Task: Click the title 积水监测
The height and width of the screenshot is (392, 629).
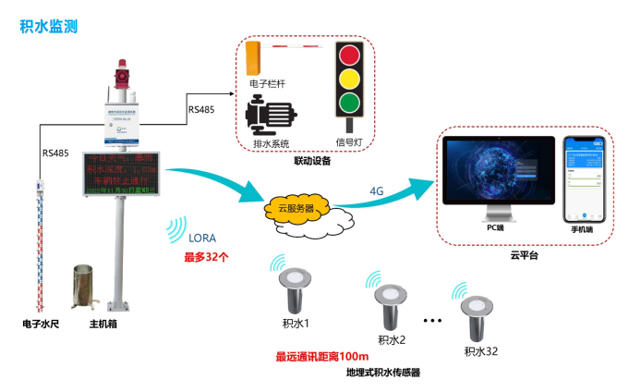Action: (48, 26)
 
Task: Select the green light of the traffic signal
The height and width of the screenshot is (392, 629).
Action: (347, 101)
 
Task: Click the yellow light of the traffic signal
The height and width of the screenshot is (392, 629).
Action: (347, 78)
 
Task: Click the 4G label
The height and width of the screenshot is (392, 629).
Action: (377, 191)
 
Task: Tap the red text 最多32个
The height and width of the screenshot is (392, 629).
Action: (207, 255)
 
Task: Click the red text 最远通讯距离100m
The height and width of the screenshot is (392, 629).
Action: (322, 356)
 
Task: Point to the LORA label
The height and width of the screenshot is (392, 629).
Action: (202, 237)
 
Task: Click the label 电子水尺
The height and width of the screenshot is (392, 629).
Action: (41, 325)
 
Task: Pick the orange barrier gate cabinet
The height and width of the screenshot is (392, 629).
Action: (257, 57)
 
